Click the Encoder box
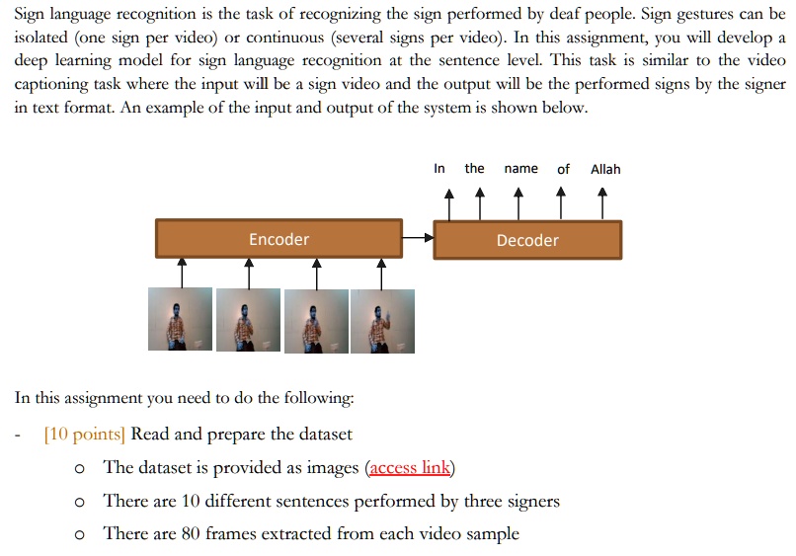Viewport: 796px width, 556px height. pos(279,239)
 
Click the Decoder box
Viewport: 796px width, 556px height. pos(527,240)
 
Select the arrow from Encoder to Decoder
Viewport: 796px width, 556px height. pos(420,238)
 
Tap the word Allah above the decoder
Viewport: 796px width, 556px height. pos(605,169)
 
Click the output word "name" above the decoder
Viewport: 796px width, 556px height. pos(520,169)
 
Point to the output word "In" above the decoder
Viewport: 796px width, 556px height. pos(439,169)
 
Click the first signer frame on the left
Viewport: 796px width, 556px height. pos(180,319)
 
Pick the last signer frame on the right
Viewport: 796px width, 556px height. pos(382,320)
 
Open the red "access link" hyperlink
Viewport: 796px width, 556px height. pos(410,468)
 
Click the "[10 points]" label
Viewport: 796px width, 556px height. pos(85,435)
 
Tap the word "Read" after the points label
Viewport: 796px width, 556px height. pos(150,435)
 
